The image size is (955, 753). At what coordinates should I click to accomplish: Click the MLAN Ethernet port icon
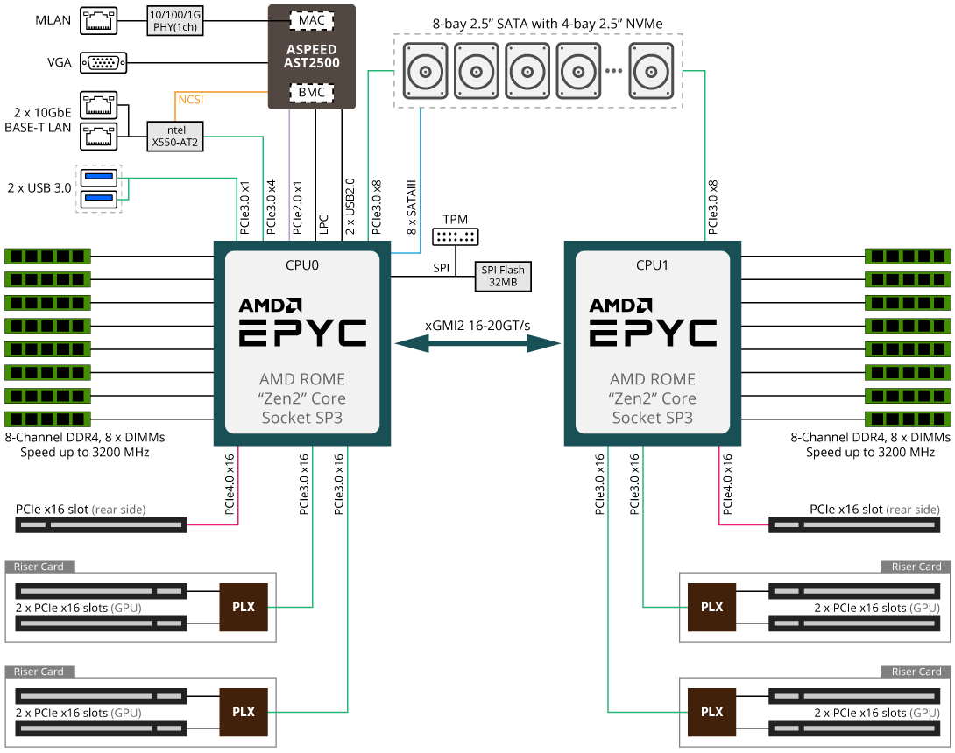tap(98, 20)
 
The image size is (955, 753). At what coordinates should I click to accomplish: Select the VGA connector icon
tap(103, 63)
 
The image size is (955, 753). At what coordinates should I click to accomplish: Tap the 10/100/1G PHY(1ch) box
tap(175, 21)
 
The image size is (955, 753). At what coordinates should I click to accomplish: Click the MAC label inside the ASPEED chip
tap(311, 20)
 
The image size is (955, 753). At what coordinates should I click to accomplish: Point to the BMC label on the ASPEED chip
tap(311, 93)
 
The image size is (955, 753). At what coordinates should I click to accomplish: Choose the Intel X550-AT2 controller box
tap(175, 137)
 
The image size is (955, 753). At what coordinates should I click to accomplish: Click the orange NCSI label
tap(191, 99)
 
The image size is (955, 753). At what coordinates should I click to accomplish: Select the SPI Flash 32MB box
tap(503, 277)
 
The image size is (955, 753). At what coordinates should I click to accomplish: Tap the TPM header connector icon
tap(456, 236)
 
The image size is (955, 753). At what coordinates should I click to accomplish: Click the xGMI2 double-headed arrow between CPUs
tap(477, 344)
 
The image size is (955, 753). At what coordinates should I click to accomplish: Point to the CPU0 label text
tap(302, 265)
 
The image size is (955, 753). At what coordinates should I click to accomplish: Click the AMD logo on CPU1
tap(620, 305)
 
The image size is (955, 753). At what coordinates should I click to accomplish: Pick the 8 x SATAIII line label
tap(412, 207)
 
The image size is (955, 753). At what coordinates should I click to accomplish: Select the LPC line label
tap(324, 224)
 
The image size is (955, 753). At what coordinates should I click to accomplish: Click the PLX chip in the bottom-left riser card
tap(244, 712)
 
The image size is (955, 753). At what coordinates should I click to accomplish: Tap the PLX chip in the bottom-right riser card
tap(711, 712)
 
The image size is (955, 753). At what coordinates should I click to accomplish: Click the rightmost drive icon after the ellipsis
tap(651, 71)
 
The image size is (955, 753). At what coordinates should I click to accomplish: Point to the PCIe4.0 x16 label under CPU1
tap(727, 484)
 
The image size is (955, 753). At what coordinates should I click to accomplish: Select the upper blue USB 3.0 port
tap(99, 178)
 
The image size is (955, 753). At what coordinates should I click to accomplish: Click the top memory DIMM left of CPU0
tap(47, 257)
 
